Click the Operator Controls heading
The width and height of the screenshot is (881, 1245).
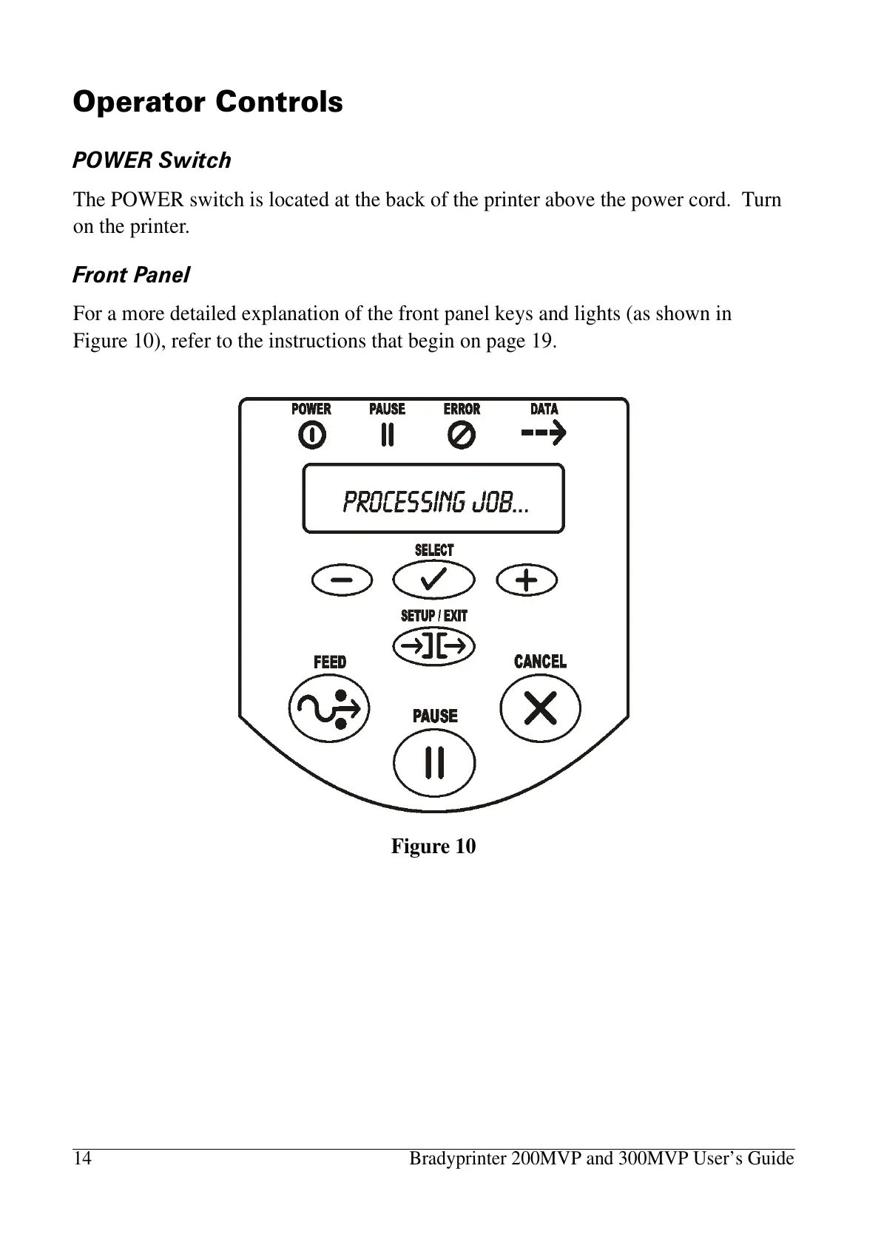pos(208,101)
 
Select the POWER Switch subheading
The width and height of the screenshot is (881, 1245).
pos(152,160)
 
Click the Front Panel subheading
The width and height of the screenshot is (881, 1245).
pos(131,275)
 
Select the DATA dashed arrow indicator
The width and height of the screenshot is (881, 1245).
pos(544,433)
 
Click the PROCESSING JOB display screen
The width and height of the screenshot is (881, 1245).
pos(433,499)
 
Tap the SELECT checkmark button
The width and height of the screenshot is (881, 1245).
pos(433,580)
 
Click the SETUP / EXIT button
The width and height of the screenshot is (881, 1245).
pos(433,647)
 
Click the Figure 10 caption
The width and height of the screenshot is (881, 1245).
pos(433,846)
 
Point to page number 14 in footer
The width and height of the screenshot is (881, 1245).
pos(82,1159)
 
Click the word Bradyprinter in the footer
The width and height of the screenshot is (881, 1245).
pos(459,1159)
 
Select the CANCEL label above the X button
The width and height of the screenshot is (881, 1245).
pos(540,661)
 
